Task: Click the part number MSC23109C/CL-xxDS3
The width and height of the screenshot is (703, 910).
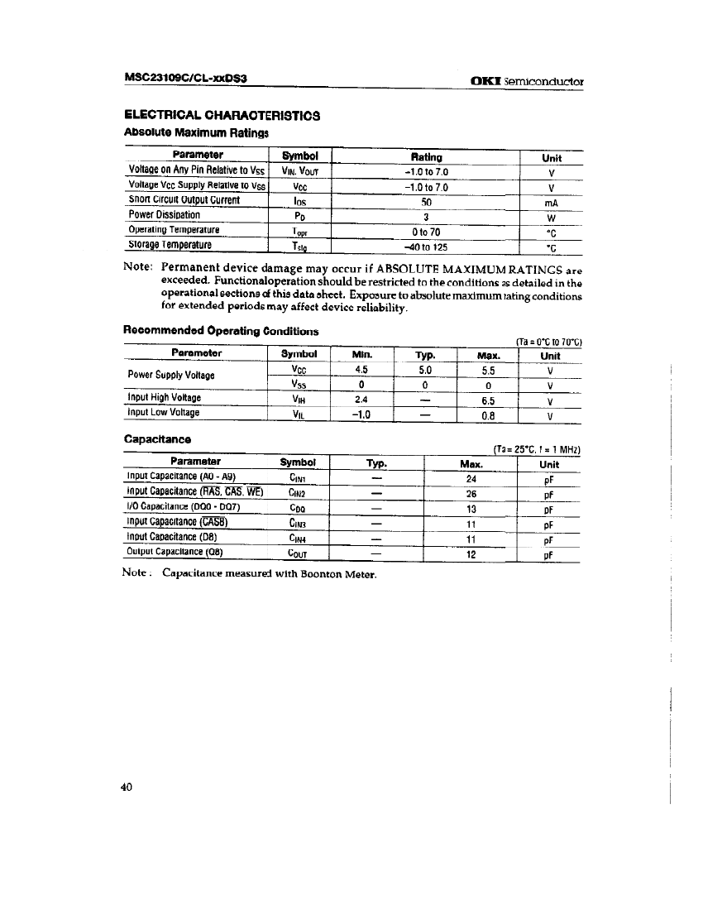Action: point(187,79)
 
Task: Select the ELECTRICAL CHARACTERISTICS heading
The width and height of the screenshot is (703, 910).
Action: point(222,115)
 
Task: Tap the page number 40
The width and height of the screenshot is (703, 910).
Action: point(127,788)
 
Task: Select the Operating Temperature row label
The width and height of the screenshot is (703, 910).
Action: point(175,230)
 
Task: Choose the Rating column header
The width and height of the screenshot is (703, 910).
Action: point(426,156)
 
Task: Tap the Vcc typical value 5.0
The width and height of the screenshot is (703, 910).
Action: point(424,371)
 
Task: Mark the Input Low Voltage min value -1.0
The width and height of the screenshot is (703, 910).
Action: point(361,414)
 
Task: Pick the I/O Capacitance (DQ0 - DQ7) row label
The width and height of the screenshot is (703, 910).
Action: point(183,508)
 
